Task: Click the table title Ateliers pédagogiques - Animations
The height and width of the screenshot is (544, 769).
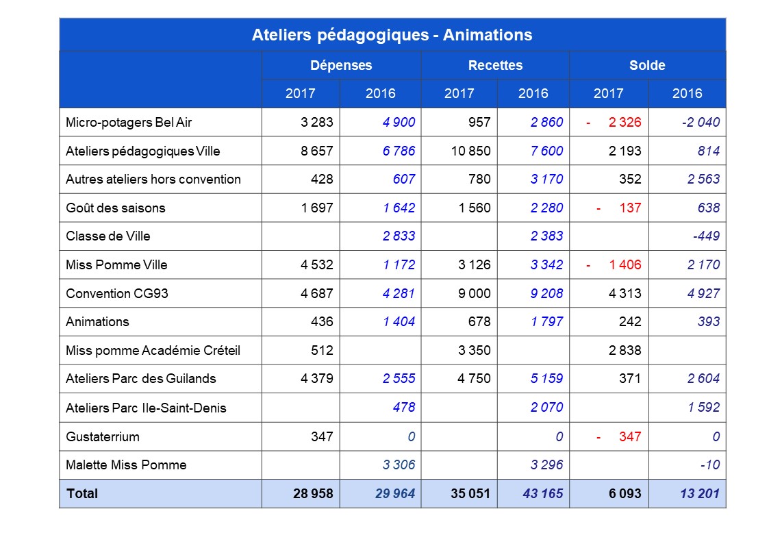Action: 392,35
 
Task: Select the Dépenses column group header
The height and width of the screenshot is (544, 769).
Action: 341,65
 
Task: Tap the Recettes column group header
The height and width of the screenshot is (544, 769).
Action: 495,65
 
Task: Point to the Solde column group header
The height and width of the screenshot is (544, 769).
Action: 647,65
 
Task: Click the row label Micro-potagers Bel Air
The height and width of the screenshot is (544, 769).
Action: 129,122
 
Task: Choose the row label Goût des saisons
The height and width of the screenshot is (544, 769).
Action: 116,208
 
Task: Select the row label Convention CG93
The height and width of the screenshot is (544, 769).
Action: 116,293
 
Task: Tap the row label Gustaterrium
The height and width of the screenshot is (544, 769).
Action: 103,436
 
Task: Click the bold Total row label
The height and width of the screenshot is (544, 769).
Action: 82,493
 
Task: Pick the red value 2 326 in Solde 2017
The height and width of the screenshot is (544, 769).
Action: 625,122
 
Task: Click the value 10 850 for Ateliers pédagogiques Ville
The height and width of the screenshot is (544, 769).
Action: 470,151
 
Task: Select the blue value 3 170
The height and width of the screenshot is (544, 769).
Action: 546,179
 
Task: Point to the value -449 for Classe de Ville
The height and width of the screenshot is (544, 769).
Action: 706,236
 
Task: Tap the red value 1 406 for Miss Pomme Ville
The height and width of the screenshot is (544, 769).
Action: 625,265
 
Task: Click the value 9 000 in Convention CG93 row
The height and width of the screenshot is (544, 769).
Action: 475,293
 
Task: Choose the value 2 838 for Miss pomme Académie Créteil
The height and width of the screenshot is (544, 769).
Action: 625,350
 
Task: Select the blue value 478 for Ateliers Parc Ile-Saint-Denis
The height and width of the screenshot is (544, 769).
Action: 403,407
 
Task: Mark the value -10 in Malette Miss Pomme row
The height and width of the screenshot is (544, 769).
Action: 709,465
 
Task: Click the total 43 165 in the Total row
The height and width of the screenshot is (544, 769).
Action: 542,493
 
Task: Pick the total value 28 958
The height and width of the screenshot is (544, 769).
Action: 313,493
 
